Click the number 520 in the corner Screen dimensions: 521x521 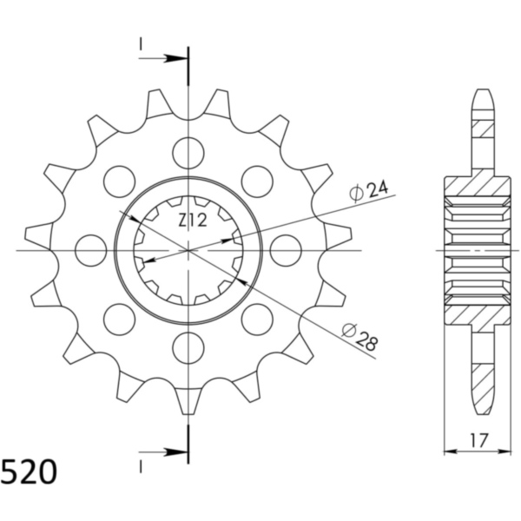point(30,473)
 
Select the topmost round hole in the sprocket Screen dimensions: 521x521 point(188,153)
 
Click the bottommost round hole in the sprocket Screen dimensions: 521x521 point(188,348)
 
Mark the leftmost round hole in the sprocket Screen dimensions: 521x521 point(90,251)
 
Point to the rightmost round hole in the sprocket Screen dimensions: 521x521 point(286,251)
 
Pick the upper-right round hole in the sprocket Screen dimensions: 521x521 point(256,181)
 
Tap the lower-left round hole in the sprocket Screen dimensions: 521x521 point(119,320)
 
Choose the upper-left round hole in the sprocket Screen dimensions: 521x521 point(119,181)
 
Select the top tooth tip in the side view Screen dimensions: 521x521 point(483,94)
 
